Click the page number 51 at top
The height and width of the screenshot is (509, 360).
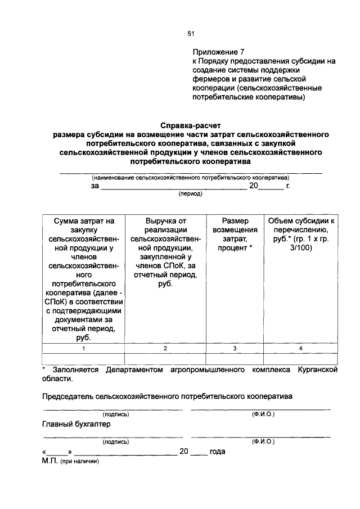pos(191,34)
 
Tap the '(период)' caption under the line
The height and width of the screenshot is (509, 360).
pos(190,194)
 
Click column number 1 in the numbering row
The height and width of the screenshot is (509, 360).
pos(83,349)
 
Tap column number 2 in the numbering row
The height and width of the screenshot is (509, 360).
pos(165,349)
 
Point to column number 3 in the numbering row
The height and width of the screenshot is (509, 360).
pos(235,349)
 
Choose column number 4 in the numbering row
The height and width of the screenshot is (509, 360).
pos(301,349)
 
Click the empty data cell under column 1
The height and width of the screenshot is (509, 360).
pos(83,359)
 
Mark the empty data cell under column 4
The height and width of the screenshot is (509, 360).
pos(301,359)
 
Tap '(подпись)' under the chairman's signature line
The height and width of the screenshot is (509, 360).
pos(115,415)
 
